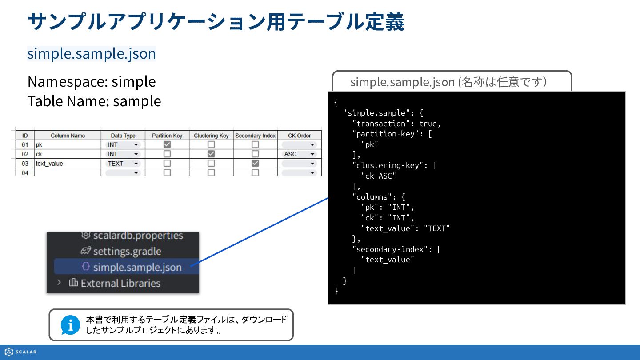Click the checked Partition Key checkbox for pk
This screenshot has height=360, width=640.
click(167, 144)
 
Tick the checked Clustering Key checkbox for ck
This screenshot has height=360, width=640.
click(211, 154)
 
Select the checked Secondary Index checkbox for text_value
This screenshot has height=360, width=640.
click(255, 163)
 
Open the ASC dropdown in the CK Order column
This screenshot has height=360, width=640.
click(299, 154)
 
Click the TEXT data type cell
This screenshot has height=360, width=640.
click(123, 164)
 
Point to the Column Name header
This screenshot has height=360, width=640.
click(68, 136)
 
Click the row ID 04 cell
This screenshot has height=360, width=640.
click(25, 173)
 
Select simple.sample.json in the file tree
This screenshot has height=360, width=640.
click(137, 267)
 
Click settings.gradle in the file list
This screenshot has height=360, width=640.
click(127, 252)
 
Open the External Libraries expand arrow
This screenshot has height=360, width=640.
click(59, 283)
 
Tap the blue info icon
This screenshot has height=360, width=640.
click(70, 325)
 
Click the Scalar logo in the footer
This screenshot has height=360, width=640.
click(20, 352)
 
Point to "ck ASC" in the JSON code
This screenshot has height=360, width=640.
click(379, 176)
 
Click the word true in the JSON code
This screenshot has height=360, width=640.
click(428, 124)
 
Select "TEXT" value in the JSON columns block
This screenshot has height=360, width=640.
click(437, 228)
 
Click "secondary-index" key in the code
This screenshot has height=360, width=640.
click(390, 249)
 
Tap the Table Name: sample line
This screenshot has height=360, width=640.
click(94, 101)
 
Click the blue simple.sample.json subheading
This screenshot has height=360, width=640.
click(92, 54)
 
